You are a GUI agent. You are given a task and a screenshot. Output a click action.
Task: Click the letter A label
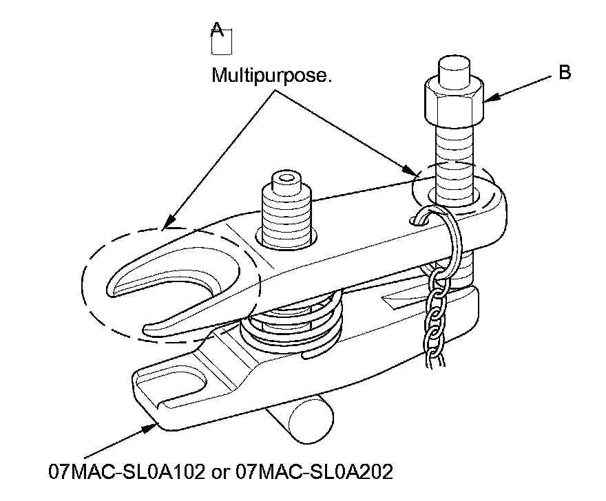(217, 28)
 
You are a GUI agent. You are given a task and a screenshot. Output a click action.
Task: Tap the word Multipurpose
(271, 74)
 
